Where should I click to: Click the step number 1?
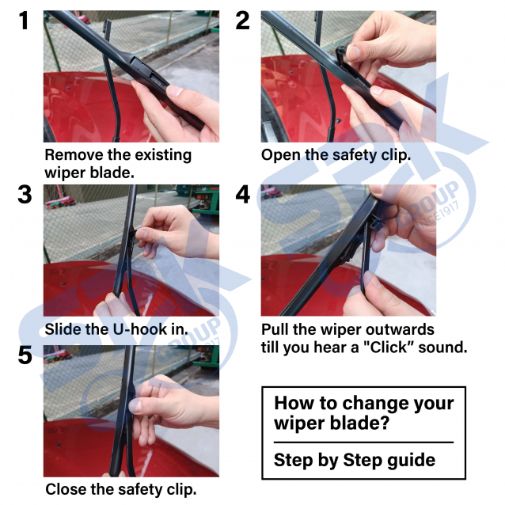(x=24, y=21)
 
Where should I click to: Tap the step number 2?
(x=242, y=21)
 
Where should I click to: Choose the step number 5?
(x=25, y=355)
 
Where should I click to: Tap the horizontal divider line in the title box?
(x=363, y=442)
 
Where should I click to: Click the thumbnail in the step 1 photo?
(x=175, y=91)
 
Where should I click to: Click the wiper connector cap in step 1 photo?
(x=141, y=66)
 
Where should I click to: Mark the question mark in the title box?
(x=384, y=423)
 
